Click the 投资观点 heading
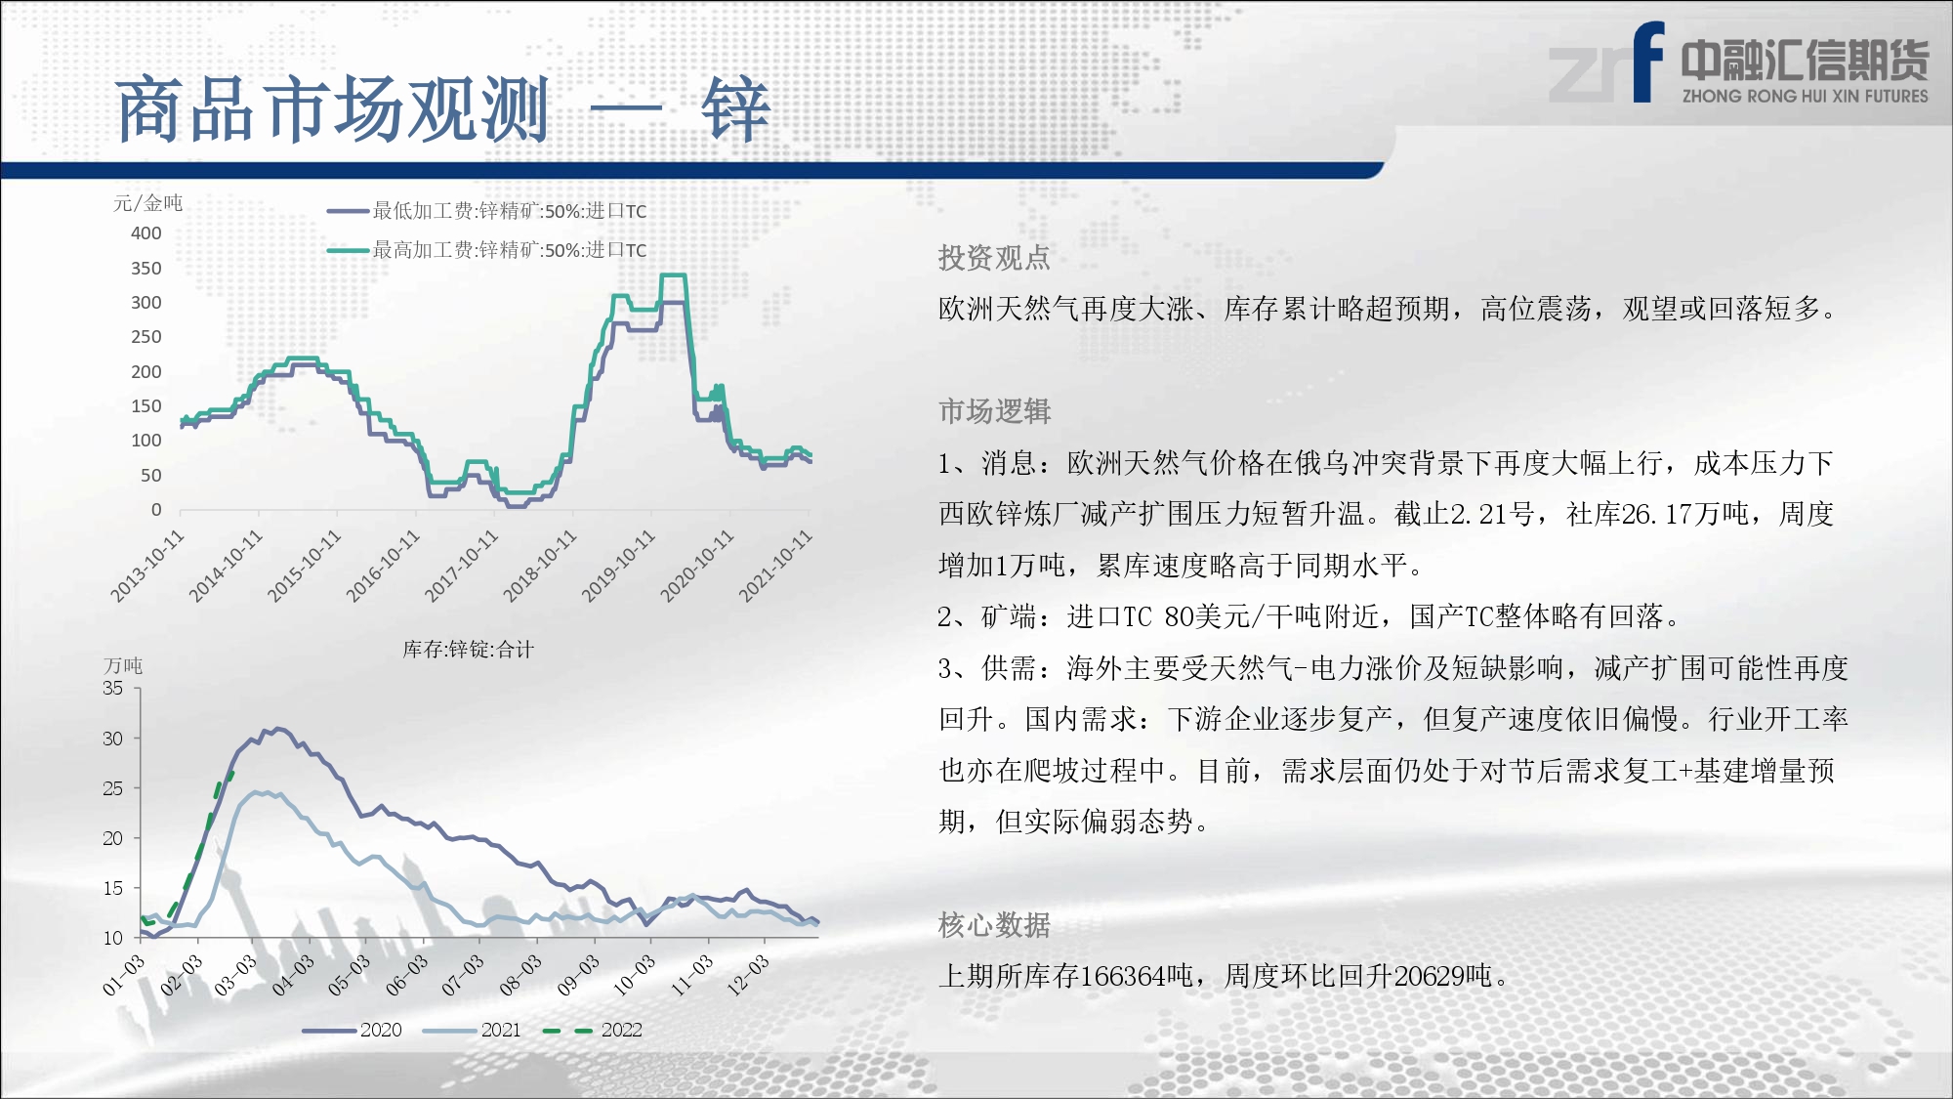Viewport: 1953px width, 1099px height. pyautogui.click(x=994, y=258)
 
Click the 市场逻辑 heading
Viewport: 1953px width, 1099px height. pyautogui.click(x=994, y=411)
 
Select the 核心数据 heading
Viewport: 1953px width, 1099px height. pyautogui.click(x=994, y=924)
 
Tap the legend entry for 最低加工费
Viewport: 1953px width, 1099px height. pyautogui.click(x=486, y=211)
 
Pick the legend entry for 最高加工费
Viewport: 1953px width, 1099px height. pyautogui.click(x=486, y=250)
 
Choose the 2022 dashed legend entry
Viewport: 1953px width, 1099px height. pyautogui.click(x=593, y=1030)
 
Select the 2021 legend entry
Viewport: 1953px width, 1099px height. pyautogui.click(x=473, y=1030)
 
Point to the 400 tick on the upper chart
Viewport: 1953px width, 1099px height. pyautogui.click(x=146, y=233)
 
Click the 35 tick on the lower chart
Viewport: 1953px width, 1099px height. pyautogui.click(x=113, y=688)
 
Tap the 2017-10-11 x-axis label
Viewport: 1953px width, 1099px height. pyautogui.click(x=461, y=567)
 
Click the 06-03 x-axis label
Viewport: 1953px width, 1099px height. pyautogui.click(x=406, y=975)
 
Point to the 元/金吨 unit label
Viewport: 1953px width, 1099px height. pyautogui.click(x=147, y=203)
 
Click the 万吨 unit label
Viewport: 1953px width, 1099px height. pyautogui.click(x=123, y=665)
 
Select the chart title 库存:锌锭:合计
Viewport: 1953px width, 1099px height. pyautogui.click(x=469, y=650)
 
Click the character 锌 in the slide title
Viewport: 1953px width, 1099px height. pyautogui.click(x=735, y=109)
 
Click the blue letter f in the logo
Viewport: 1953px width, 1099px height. pyautogui.click(x=1647, y=62)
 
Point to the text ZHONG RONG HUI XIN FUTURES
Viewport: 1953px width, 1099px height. pyautogui.click(x=1806, y=96)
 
